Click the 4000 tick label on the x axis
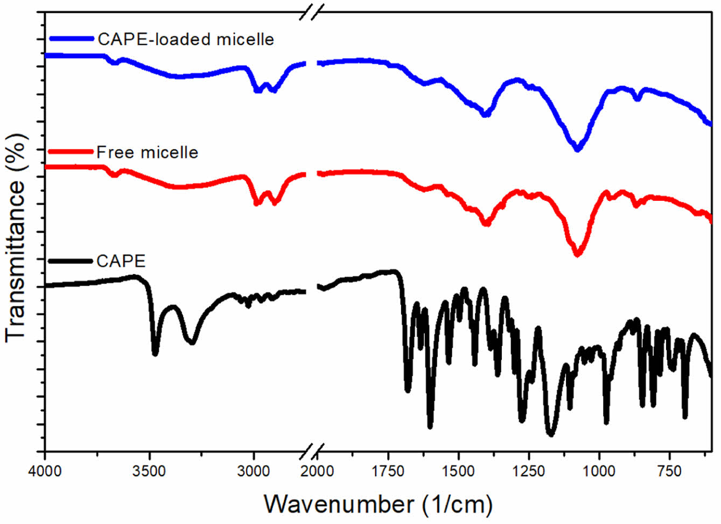pyautogui.click(x=45, y=471)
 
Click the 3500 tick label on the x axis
pyautogui.click(x=149, y=471)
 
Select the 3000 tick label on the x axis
pyautogui.click(x=254, y=471)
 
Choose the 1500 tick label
pyautogui.click(x=458, y=471)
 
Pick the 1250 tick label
pyautogui.click(x=529, y=471)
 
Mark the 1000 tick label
pyautogui.click(x=599, y=471)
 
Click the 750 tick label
pyautogui.click(x=670, y=471)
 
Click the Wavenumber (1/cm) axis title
pyautogui.click(x=378, y=504)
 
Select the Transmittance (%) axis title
pyautogui.click(x=16, y=237)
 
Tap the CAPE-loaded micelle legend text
pyautogui.click(x=186, y=39)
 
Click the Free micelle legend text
pyautogui.click(x=147, y=152)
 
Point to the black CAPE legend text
pyautogui.click(x=121, y=261)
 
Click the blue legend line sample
pyautogui.click(x=72, y=38)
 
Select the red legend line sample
pyautogui.click(x=71, y=152)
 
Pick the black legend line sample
pyautogui.click(x=71, y=261)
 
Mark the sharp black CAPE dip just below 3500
pyautogui.click(x=155, y=353)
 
